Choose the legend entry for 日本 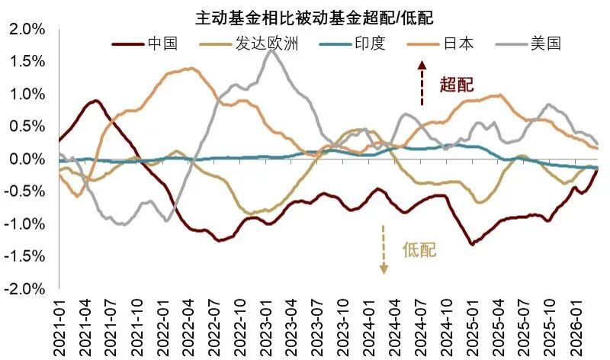pyautogui.click(x=458, y=43)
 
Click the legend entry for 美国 pyautogui.click(x=545, y=43)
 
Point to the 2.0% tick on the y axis pyautogui.click(x=26, y=29)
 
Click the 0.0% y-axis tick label pyautogui.click(x=26, y=159)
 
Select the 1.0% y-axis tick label pyautogui.click(x=26, y=94)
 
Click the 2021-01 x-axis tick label pyautogui.click(x=61, y=327)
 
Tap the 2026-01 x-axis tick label pyautogui.click(x=576, y=327)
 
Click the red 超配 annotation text pyautogui.click(x=456, y=84)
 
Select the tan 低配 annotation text pyautogui.click(x=420, y=249)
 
